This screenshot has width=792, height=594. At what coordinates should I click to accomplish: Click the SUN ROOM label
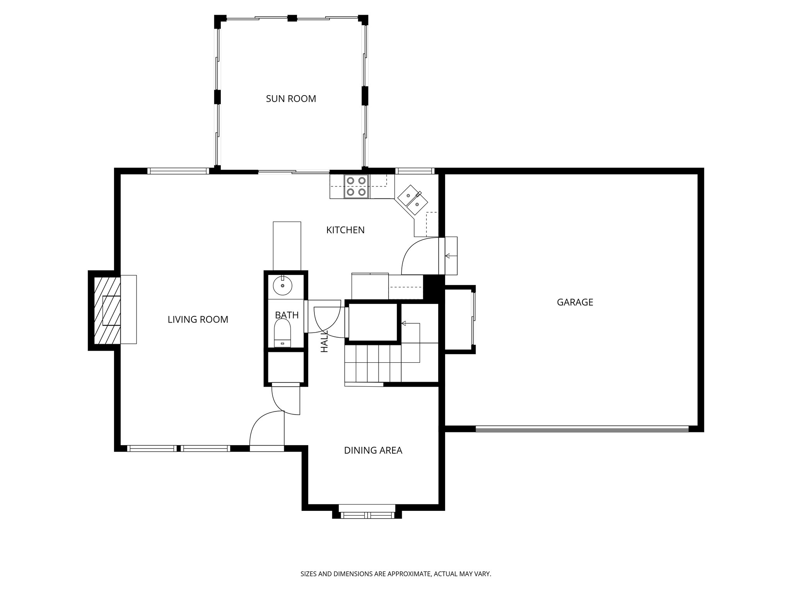point(291,99)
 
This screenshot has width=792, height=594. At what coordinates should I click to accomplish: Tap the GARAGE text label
point(575,302)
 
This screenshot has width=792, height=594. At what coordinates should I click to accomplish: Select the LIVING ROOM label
point(198,319)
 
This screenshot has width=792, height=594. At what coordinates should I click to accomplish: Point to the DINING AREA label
point(373,451)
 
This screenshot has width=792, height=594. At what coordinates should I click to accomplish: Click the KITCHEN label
point(345,230)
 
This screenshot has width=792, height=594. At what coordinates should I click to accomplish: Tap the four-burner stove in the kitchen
point(356,186)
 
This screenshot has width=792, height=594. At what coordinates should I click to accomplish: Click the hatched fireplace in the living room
point(105,310)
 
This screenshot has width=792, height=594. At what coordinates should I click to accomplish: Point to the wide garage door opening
point(582,428)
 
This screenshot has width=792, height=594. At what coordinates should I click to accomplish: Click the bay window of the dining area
point(367,514)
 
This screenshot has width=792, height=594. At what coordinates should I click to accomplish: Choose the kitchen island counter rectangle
point(287,246)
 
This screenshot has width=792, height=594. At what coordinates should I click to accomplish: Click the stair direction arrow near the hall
point(405,323)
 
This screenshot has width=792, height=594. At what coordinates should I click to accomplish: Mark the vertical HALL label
point(324,341)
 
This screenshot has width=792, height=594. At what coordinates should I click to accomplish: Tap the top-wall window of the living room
point(178,171)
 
